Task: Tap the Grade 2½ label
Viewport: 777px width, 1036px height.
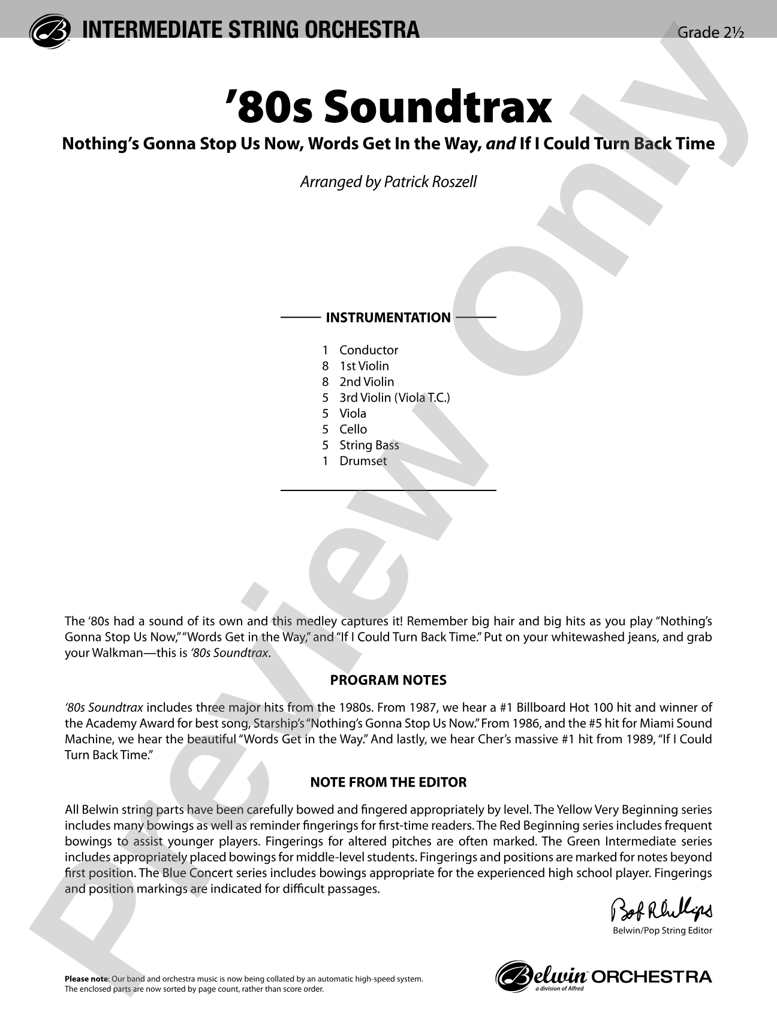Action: tap(710, 32)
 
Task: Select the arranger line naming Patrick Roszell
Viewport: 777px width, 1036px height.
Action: tap(389, 182)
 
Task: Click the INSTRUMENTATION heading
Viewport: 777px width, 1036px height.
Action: tap(388, 318)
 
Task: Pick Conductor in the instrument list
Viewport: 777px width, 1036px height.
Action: tap(368, 350)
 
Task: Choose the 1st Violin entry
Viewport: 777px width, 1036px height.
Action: tap(364, 366)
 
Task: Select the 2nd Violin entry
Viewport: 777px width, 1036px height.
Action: tap(366, 382)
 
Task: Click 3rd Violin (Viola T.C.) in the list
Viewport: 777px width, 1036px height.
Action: tap(394, 397)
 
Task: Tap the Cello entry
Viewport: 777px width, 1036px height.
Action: tap(353, 429)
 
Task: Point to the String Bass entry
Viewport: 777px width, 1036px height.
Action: tap(369, 445)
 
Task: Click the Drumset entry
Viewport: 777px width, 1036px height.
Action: tap(363, 461)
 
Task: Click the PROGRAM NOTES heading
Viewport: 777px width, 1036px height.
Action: tap(389, 680)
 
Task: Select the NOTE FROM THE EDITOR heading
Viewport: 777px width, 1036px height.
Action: tap(389, 782)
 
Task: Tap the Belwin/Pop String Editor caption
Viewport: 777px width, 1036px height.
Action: tap(662, 931)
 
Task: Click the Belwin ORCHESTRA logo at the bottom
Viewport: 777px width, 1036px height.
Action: tap(604, 976)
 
